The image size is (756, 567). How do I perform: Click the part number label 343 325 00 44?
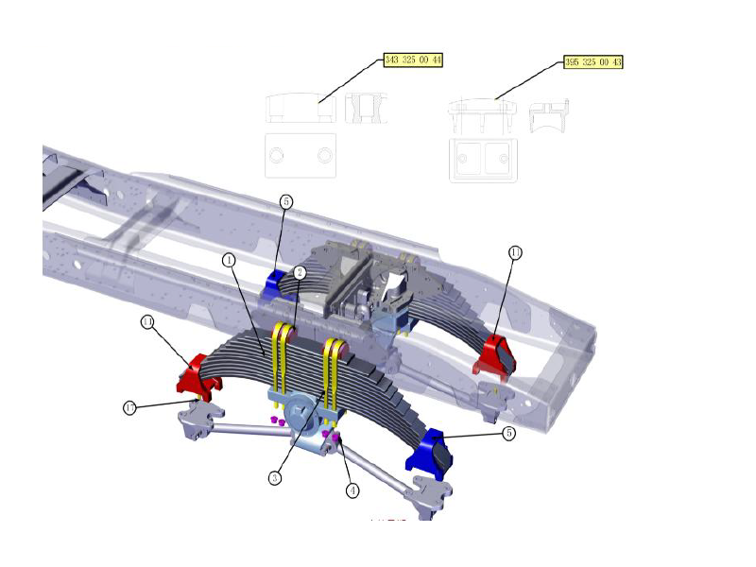pos(413,60)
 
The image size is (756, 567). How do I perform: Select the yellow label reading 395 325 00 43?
pos(593,62)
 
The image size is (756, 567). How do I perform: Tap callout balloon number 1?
pos(229,258)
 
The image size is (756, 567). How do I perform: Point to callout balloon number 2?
pos(300,272)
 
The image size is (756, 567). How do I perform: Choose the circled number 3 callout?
pos(274,478)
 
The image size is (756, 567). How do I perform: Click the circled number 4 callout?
pos(352,490)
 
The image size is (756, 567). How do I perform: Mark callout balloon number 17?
pos(130,407)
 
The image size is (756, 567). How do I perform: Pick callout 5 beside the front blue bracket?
pos(508,434)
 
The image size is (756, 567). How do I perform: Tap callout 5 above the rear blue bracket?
pos(286,201)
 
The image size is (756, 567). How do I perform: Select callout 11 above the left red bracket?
pos(147,322)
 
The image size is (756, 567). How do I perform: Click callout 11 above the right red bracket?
pos(515,252)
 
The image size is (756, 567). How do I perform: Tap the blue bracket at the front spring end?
pos(429,450)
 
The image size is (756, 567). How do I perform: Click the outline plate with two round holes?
pos(301,155)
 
